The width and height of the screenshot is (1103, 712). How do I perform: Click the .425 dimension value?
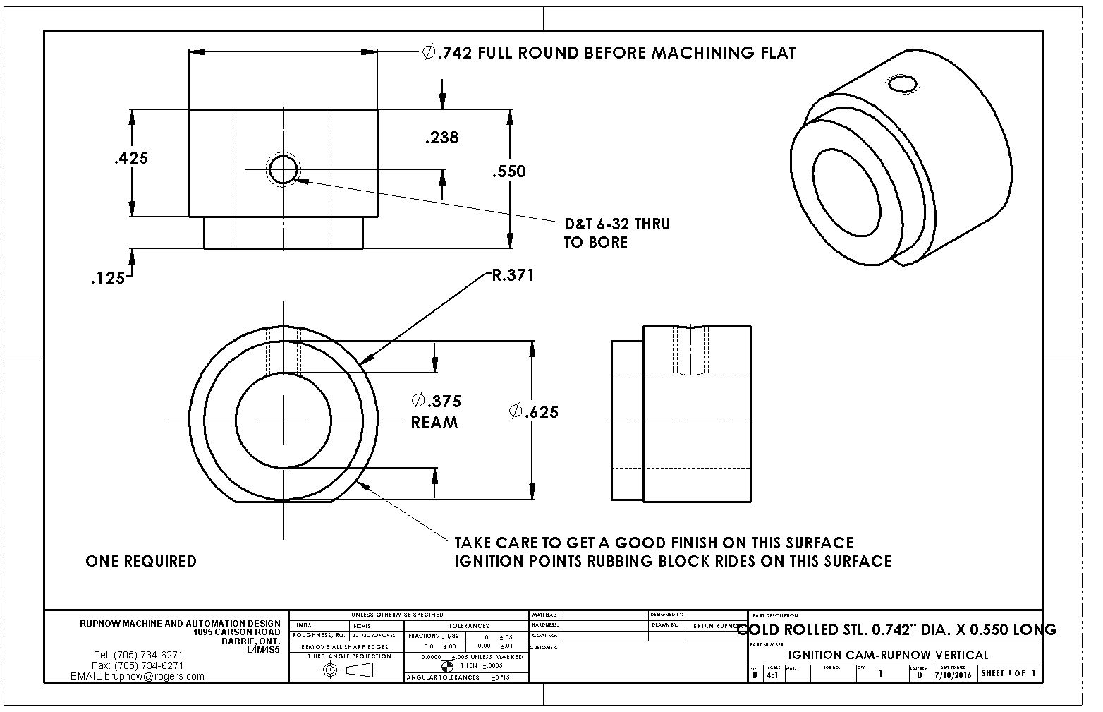click(x=131, y=158)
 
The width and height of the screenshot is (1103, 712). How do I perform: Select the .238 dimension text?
click(x=441, y=138)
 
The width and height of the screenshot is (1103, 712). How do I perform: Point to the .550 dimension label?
click(x=508, y=171)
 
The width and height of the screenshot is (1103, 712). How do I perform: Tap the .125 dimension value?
click(x=108, y=279)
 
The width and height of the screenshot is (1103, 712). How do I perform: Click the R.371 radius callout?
click(x=513, y=275)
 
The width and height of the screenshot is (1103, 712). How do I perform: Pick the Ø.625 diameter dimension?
click(x=534, y=411)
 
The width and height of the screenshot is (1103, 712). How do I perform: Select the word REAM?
click(x=434, y=423)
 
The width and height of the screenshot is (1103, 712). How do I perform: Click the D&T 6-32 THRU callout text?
click(x=616, y=224)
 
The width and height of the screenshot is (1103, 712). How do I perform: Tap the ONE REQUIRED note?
click(x=141, y=562)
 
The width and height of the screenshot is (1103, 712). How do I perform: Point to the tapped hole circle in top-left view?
click(x=283, y=169)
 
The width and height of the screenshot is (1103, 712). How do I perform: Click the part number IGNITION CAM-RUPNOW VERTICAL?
click(x=888, y=655)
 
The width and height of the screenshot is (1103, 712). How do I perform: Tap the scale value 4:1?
click(x=773, y=675)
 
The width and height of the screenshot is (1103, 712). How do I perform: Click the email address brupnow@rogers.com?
click(x=138, y=676)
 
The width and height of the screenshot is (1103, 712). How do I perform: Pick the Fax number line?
click(x=138, y=665)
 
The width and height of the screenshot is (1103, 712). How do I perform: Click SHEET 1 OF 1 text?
click(x=1008, y=673)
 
